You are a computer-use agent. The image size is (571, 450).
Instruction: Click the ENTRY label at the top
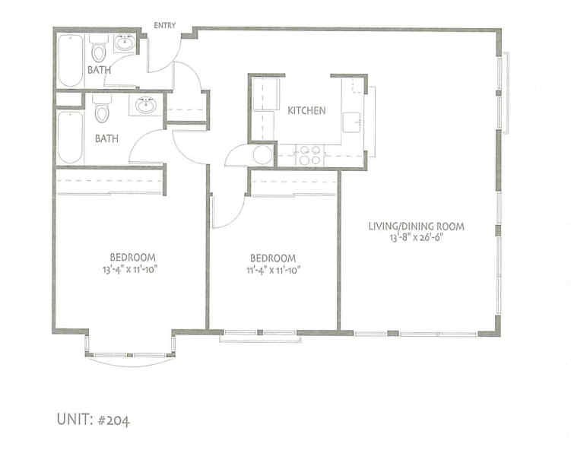click(165, 25)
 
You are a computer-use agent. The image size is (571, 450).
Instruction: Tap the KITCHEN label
click(306, 111)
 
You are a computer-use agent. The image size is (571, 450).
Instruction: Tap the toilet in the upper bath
click(98, 52)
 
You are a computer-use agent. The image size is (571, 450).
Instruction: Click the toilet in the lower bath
click(101, 113)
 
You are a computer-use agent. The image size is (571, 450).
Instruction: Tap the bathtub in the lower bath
click(68, 138)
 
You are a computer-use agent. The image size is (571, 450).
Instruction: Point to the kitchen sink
click(351, 122)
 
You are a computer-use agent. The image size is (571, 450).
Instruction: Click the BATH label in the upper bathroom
click(99, 70)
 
